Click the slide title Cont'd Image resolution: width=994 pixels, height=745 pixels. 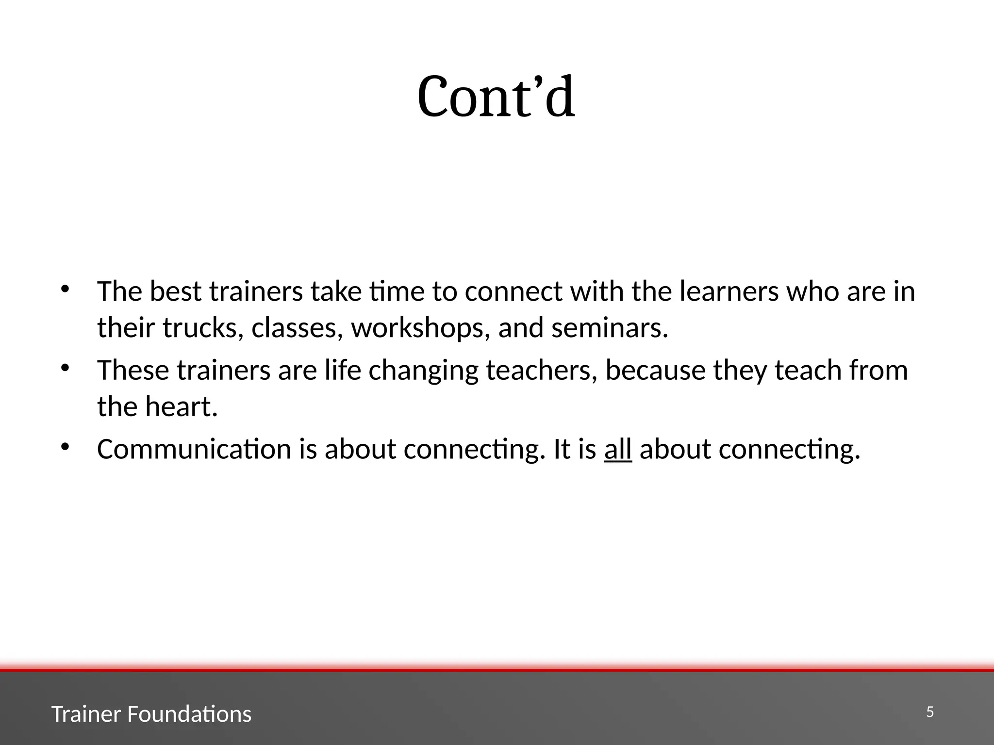496,97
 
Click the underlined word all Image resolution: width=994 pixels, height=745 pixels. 617,449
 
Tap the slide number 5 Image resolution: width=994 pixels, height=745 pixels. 929,712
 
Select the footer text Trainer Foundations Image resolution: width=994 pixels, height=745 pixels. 151,714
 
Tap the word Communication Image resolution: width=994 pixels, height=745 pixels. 194,449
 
